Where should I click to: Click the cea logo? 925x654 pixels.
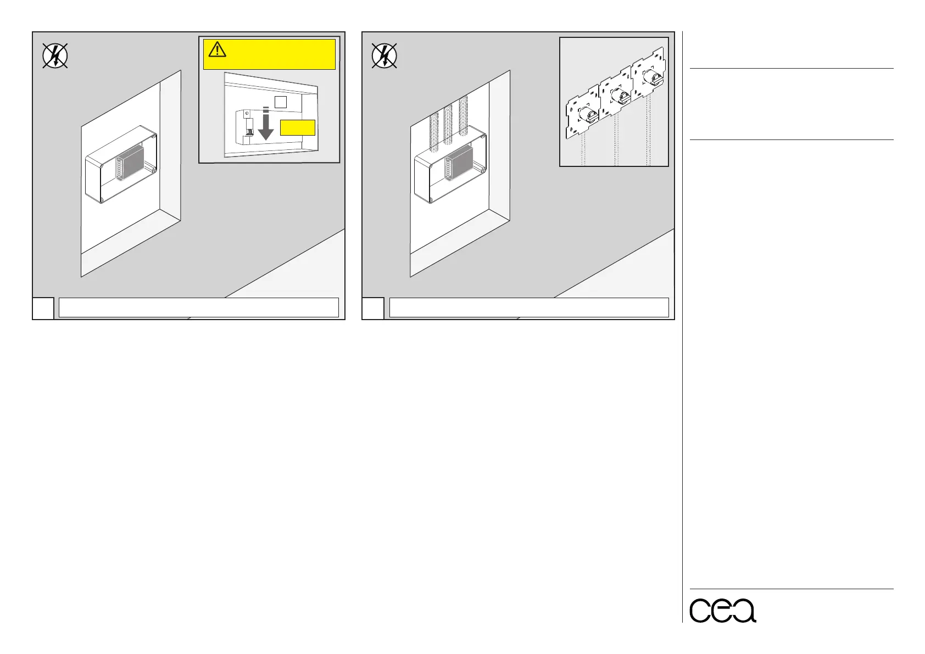click(x=722, y=609)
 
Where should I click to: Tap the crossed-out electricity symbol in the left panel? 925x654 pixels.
click(x=55, y=56)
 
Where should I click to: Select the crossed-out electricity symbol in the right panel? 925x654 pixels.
click(x=385, y=56)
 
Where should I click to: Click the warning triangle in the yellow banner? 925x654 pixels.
click(x=218, y=50)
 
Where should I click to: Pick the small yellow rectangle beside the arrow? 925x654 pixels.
click(x=297, y=127)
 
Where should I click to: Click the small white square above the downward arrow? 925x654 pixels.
click(x=280, y=102)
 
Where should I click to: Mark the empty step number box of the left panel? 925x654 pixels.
click(x=43, y=308)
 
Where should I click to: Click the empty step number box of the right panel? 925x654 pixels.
click(x=372, y=308)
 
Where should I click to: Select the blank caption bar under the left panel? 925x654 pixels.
click(x=198, y=308)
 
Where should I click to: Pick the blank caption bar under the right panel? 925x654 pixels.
click(x=528, y=308)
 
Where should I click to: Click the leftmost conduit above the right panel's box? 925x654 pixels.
click(x=433, y=125)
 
